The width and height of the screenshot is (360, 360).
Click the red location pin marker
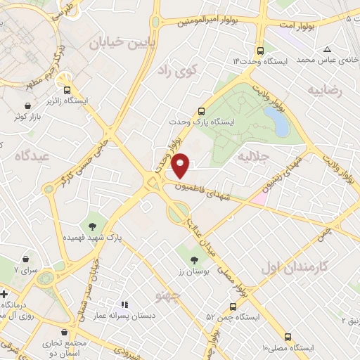pyautogui.click(x=181, y=165)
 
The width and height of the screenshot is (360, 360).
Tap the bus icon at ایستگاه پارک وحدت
pyautogui.click(x=202, y=110)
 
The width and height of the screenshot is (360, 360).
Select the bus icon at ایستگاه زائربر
pyautogui.click(x=67, y=90)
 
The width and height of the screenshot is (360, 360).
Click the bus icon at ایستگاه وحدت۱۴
pyautogui.click(x=261, y=51)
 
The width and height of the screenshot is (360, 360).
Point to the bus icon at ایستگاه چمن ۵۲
pyautogui.click(x=233, y=306)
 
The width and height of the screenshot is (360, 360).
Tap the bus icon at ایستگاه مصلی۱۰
pyautogui.click(x=289, y=337)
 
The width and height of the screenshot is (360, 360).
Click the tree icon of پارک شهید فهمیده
pyautogui.click(x=91, y=226)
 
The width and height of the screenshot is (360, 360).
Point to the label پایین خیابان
pyautogui.click(x=117, y=42)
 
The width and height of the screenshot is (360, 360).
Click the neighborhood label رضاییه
pyautogui.click(x=325, y=91)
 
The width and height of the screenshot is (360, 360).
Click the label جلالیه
pyautogui.click(x=254, y=154)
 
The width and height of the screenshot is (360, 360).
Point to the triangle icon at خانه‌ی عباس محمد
pyautogui.click(x=328, y=49)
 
